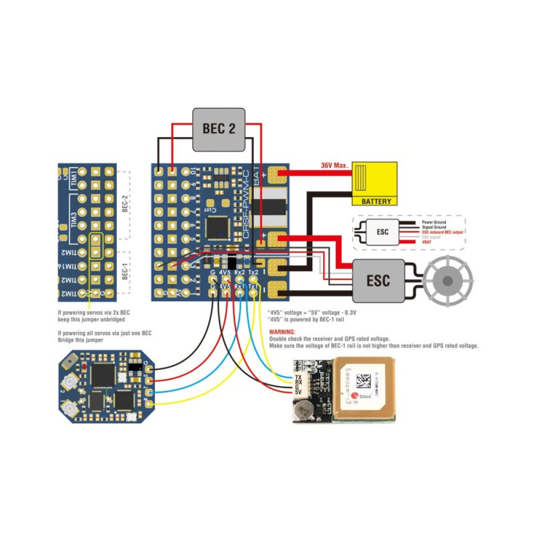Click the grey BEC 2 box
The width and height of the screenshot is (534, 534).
tap(219, 129)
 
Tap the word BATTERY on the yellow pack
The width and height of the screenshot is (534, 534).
tap(376, 201)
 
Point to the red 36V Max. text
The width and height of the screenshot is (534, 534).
tap(334, 166)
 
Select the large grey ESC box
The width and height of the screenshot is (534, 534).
tap(378, 281)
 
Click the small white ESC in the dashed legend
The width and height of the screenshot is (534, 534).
tap(382, 233)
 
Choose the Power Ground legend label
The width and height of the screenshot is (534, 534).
tap(434, 222)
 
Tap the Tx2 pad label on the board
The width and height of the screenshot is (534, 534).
tap(254, 273)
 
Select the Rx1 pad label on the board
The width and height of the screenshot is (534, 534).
tap(240, 286)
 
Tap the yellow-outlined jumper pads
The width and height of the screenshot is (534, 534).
tap(96, 246)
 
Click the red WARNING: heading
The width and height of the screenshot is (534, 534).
tap(282, 332)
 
